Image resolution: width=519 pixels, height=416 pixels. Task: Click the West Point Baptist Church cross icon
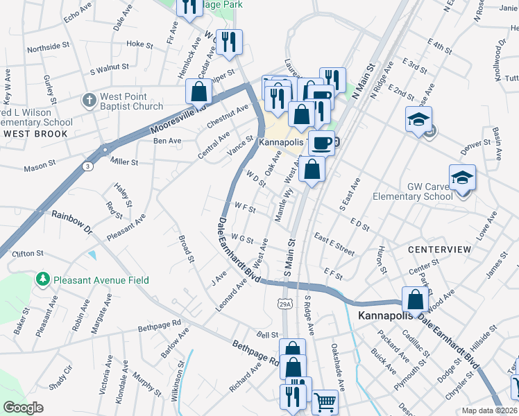click(88, 101)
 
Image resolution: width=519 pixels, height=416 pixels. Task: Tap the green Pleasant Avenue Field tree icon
click(43, 279)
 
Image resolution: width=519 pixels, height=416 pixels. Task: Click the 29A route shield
click(285, 304)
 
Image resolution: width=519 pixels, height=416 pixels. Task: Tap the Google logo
click(23, 407)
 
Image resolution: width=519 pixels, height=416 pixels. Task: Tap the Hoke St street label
click(139, 44)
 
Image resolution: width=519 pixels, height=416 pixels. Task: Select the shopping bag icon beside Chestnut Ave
click(199, 92)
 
